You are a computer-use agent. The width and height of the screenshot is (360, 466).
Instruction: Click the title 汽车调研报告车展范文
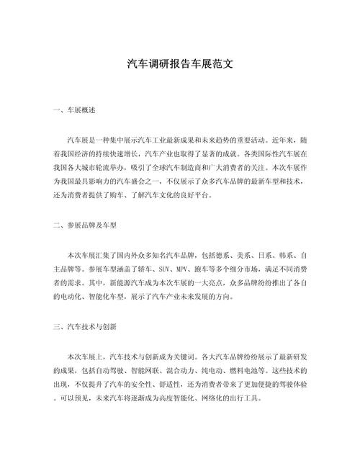pos(179,63)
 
